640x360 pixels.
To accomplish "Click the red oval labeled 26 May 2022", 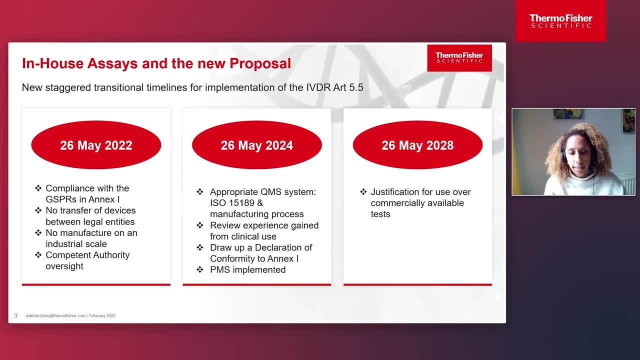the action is tap(96, 145).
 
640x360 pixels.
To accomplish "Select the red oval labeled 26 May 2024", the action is tap(257, 145).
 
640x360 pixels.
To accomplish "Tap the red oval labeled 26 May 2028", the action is tap(417, 145).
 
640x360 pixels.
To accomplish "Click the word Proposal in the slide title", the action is tap(260, 63).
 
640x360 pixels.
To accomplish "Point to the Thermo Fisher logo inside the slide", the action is tap(459, 58).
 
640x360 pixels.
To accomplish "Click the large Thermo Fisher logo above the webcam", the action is tap(560, 21).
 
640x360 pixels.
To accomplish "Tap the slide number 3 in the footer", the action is tap(15, 315).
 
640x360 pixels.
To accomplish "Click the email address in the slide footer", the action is tap(55, 315).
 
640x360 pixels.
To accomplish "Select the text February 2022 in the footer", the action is tap(102, 315).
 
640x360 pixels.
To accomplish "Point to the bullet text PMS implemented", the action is tap(247, 269).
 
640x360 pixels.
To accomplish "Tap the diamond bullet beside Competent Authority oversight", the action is tap(38, 255).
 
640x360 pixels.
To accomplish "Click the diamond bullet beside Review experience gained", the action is tap(200, 225).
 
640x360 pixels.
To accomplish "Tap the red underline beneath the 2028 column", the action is tap(417, 284).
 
